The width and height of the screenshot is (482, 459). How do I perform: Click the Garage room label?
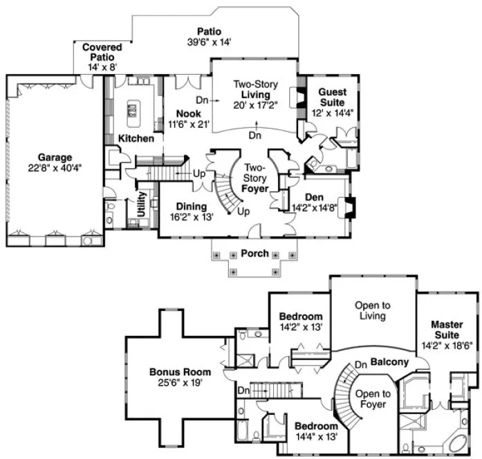[55, 157]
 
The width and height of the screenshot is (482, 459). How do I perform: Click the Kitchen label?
[136, 138]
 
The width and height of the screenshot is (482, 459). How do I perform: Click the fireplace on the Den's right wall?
[349, 207]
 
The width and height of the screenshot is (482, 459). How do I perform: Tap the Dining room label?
[190, 206]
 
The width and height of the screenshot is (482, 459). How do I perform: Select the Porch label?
[254, 254]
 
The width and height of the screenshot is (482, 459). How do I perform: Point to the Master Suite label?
[447, 329]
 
